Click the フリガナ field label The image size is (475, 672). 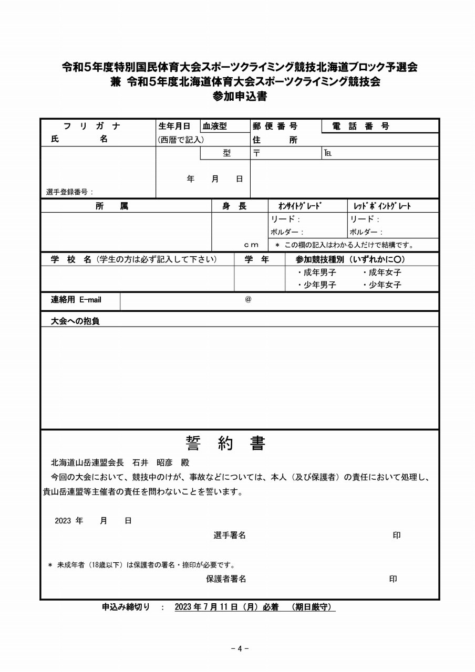92,127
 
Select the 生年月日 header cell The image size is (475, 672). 174,127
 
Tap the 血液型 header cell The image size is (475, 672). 215,127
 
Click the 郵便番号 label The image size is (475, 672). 275,127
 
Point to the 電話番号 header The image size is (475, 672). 361,127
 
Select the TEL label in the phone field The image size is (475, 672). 328,153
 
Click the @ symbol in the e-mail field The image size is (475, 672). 248,300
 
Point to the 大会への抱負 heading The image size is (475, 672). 75,321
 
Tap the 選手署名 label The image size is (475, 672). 230,535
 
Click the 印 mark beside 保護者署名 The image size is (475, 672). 393,579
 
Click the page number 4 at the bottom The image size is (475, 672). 240,648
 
